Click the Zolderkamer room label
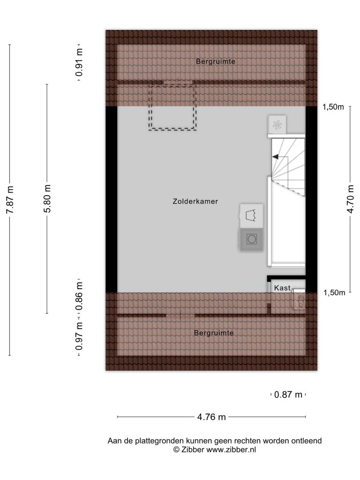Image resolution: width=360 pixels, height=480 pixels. [x=195, y=202]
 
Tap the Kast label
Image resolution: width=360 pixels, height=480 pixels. [x=282, y=288]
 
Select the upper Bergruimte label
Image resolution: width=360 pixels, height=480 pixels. [x=216, y=61]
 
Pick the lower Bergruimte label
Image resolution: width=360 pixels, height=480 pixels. [x=214, y=333]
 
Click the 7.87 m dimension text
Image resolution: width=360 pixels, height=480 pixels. [x=10, y=200]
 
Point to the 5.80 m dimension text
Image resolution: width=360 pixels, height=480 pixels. [x=47, y=199]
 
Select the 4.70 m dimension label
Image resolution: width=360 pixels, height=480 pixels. [x=351, y=199]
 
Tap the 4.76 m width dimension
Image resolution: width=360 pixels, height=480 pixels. [x=211, y=417]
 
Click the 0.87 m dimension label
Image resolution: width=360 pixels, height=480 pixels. [x=288, y=395]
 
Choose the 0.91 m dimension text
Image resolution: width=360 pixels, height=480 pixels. [x=79, y=62]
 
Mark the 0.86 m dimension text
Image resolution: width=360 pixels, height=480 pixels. [x=79, y=296]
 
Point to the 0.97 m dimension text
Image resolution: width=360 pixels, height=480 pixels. [x=79, y=336]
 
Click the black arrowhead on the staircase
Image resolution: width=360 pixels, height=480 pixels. [x=275, y=157]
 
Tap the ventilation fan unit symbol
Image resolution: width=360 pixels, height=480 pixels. [x=277, y=125]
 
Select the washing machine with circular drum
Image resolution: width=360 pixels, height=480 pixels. [x=251, y=239]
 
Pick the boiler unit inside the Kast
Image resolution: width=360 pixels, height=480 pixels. [x=299, y=299]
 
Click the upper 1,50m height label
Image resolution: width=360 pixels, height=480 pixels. [x=333, y=107]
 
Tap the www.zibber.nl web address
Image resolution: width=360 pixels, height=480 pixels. [x=231, y=450]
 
